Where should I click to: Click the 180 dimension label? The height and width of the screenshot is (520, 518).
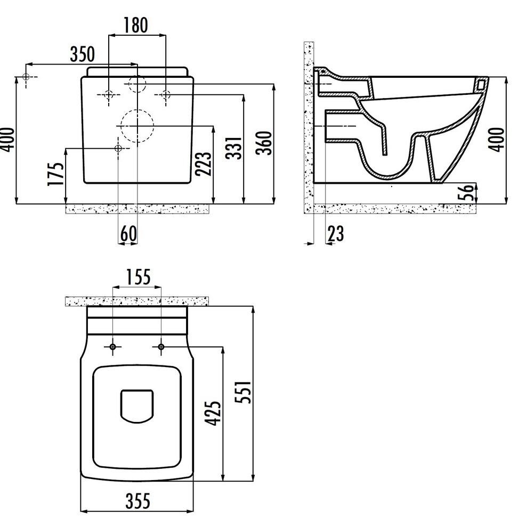point(136,25)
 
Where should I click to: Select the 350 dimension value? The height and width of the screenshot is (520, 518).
point(82,54)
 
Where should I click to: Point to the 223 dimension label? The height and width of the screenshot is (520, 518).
point(203,163)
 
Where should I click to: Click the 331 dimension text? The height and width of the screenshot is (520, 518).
point(234,148)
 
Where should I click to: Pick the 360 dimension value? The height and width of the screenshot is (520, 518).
point(264,143)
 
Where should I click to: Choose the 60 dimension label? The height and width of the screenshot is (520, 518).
point(128,233)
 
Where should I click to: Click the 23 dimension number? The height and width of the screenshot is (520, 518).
point(335,233)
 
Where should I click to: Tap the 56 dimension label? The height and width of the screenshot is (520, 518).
point(466,192)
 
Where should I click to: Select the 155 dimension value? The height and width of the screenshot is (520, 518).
point(138,277)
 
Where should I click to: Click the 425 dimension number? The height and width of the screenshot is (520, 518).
point(212,413)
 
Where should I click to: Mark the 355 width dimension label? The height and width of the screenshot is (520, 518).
point(137,501)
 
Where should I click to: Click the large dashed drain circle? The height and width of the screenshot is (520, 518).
point(137,126)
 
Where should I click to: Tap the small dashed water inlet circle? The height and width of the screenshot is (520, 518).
point(137,84)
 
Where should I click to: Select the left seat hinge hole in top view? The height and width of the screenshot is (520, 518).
point(113,347)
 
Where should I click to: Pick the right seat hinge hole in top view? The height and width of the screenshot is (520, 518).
point(161,347)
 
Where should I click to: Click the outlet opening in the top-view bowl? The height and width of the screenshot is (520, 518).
point(136,407)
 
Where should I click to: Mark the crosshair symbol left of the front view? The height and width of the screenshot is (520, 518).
point(26,77)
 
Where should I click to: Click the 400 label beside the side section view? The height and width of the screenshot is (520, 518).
point(497,140)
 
